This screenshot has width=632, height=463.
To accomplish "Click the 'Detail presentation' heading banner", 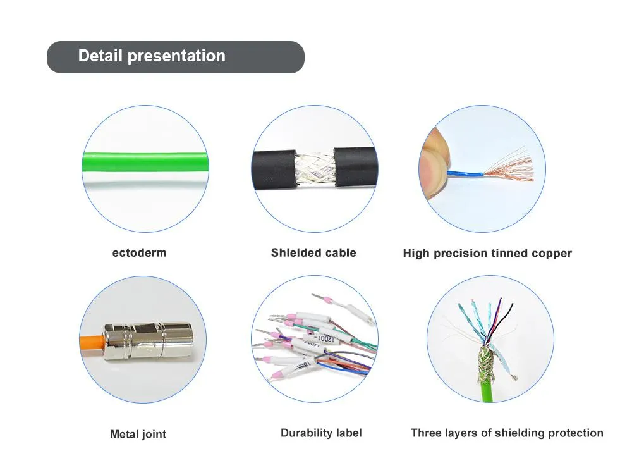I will click(x=175, y=57).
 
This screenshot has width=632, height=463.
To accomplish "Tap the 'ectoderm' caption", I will click(x=139, y=253).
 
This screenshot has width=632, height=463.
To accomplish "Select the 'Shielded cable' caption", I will click(x=313, y=253).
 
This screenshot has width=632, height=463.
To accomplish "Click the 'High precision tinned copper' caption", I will click(x=487, y=254).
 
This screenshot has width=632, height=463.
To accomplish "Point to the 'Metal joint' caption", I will click(x=138, y=435).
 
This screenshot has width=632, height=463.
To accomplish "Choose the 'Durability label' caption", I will click(x=321, y=433).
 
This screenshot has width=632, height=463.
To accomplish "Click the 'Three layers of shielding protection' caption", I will click(x=507, y=433).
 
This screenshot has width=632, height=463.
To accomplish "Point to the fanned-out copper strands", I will click(x=509, y=165).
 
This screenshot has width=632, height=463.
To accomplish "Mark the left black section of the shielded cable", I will click(x=273, y=168).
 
